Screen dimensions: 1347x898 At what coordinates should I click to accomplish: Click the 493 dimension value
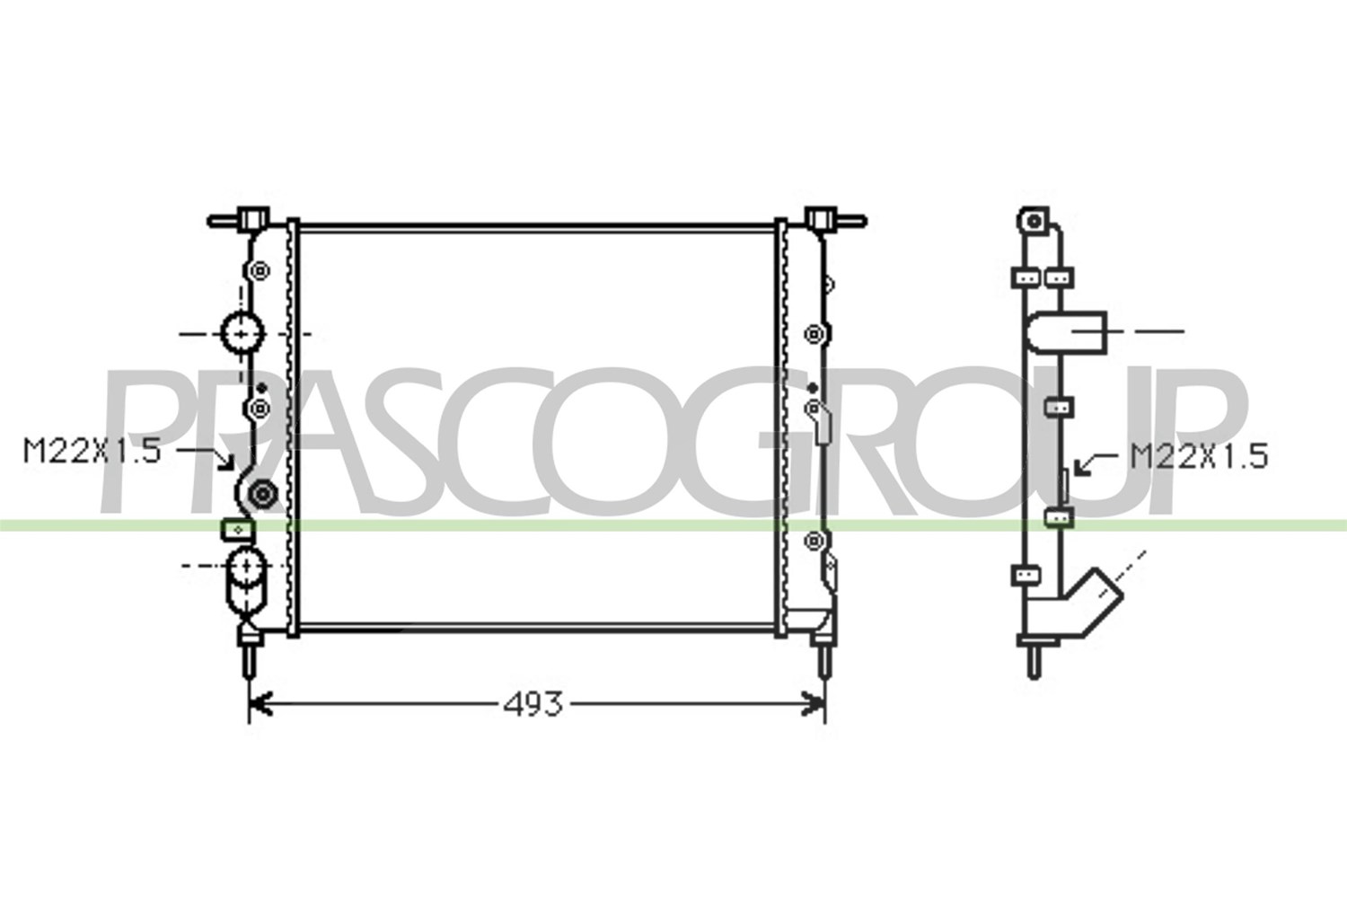point(533,704)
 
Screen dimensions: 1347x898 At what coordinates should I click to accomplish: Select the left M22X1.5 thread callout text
point(92,451)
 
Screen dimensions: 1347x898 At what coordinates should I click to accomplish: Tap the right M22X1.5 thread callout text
point(1200,456)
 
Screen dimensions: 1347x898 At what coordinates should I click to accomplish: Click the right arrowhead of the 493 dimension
point(814,704)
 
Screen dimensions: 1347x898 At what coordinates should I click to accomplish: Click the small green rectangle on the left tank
point(238,530)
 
